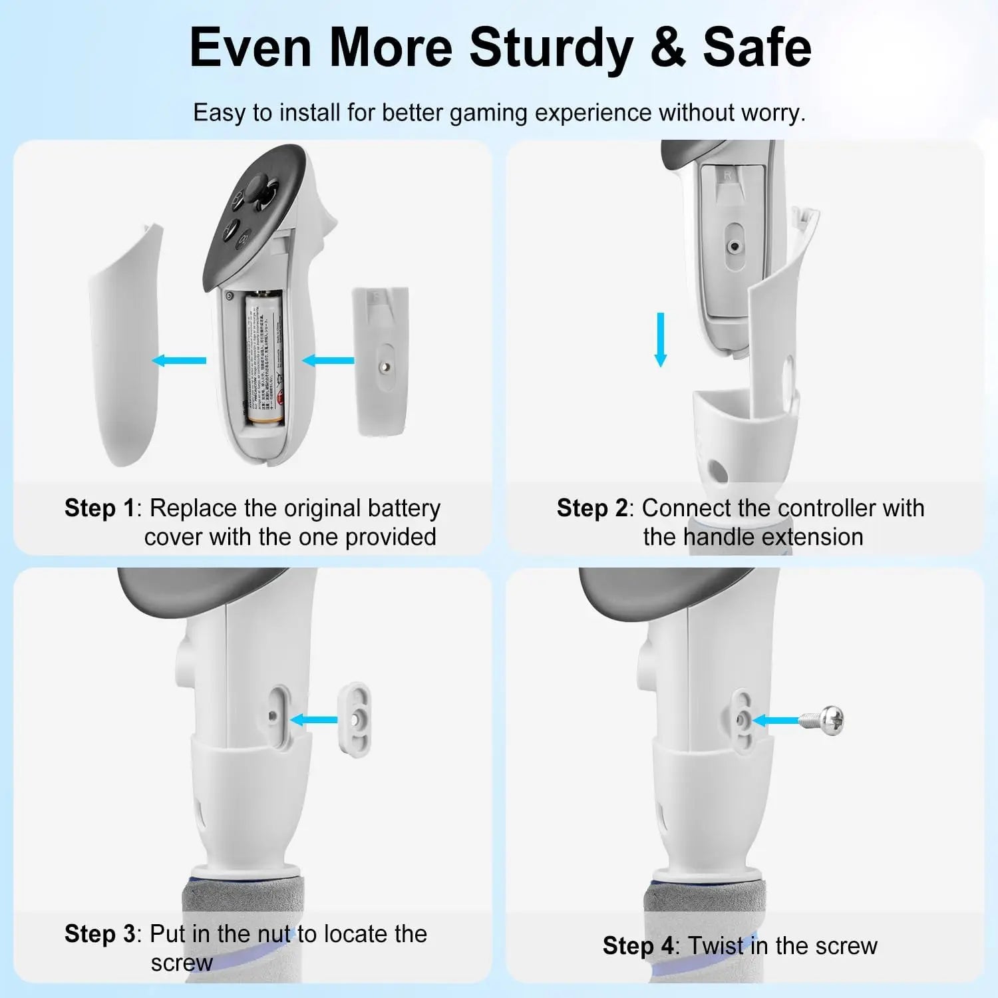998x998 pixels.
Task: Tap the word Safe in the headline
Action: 756,48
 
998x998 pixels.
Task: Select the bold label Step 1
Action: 99,508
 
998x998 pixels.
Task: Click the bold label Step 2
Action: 591,508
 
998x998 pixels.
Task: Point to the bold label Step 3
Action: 99,934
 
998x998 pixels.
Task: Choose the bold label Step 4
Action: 637,946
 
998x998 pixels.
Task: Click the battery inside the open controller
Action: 265,359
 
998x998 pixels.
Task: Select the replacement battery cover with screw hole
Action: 381,363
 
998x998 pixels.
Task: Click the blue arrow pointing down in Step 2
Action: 660,339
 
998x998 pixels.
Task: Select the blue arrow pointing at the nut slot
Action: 314,719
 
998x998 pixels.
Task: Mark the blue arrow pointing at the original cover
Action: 179,361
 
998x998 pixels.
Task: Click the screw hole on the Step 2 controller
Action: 734,246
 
